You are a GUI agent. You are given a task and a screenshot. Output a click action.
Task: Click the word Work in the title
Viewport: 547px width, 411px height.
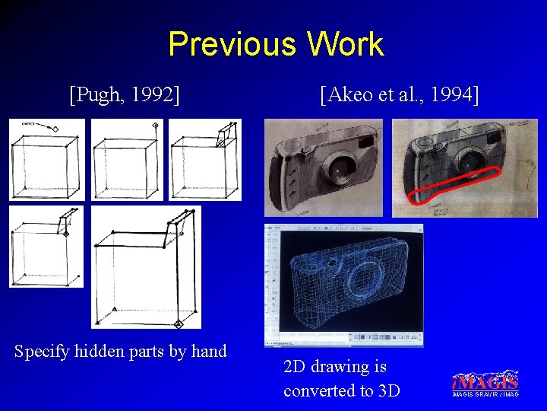346,44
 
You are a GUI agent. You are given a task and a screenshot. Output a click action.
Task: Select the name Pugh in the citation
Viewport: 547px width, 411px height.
96,94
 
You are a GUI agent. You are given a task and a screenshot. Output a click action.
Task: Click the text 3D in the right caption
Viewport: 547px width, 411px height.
387,390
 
